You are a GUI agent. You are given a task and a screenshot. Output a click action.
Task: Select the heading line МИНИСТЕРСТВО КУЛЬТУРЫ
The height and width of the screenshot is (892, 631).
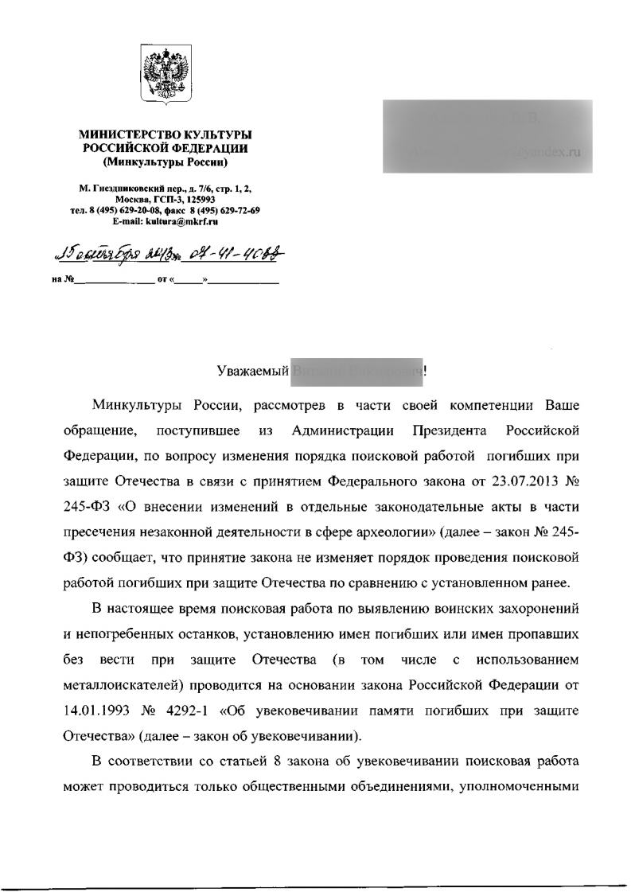coord(165,136)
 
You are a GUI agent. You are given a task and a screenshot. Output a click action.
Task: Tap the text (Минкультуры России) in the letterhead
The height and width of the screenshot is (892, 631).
coord(166,162)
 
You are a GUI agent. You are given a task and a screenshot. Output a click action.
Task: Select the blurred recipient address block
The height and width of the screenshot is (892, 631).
coord(487,136)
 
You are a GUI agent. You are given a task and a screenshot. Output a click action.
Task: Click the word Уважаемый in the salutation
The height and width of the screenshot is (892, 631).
coord(253,370)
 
